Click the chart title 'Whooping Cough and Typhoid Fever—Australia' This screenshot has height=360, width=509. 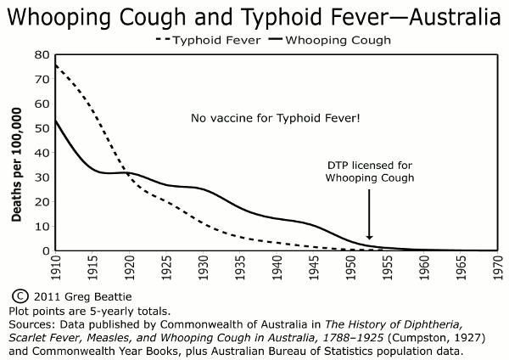[255, 17]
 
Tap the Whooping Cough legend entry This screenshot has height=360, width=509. [331, 40]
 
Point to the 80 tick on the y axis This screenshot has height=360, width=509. [40, 55]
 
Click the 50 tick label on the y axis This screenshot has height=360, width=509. [40, 128]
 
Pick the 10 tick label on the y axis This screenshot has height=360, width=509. [40, 227]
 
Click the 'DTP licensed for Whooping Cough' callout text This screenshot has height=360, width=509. [369, 171]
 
